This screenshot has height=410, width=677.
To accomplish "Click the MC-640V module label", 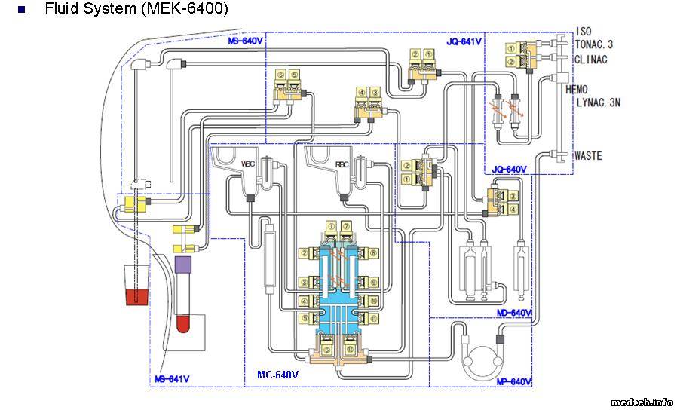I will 277,375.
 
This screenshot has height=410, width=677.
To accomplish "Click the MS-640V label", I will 245,41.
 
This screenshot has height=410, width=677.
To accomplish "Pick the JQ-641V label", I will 464,42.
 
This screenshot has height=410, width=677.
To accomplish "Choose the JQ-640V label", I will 508,169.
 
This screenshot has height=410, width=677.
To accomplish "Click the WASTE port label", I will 588,156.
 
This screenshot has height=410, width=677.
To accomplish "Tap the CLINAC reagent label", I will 591,59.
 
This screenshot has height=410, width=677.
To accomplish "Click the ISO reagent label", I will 583,32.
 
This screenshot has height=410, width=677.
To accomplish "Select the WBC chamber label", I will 249,164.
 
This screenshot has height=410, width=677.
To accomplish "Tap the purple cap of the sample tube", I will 182,265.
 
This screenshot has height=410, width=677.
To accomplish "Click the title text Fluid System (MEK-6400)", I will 136,9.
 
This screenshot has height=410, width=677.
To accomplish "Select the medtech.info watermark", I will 642,402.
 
